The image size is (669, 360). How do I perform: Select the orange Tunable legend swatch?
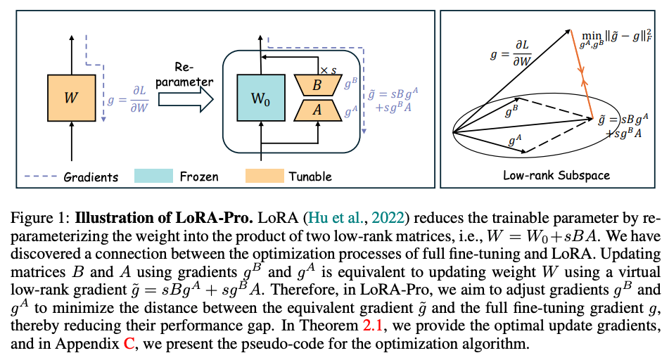click(264, 176)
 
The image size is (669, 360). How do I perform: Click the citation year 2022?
click(358, 217)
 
